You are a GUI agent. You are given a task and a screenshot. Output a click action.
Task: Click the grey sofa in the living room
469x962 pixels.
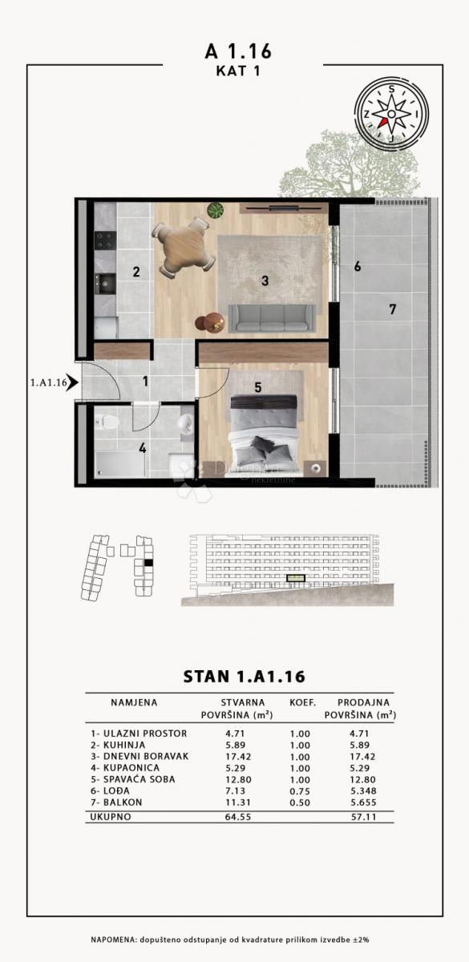(x=272, y=317)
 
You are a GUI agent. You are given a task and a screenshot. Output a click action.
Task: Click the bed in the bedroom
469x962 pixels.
(x=263, y=433)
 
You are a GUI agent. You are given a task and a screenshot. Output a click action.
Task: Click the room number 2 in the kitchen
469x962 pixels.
(x=136, y=272)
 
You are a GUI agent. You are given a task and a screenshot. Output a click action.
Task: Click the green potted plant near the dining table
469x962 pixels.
(x=215, y=211)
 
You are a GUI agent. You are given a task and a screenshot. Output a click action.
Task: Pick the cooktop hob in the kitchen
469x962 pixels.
(x=105, y=238)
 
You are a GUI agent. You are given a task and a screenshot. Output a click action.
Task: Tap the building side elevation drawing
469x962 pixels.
(x=285, y=568)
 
